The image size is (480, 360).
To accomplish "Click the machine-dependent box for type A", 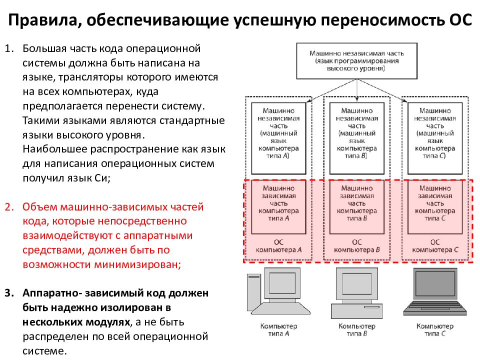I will (278, 206).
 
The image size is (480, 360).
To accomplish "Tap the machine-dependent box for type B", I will (356, 206).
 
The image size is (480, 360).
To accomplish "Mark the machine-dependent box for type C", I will (435, 206).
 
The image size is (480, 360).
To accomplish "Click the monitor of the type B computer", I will (356, 287).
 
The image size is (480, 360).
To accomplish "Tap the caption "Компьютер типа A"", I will (278, 330).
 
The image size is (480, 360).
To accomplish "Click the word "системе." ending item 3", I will (44, 350).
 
